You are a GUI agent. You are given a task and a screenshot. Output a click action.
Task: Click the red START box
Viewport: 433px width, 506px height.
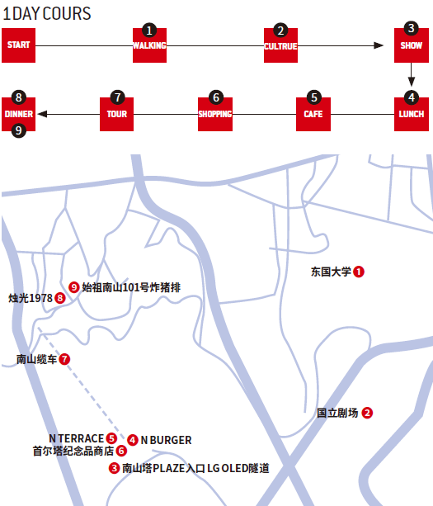tap(18, 45)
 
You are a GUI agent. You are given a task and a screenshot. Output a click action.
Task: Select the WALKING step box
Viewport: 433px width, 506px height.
tap(149, 45)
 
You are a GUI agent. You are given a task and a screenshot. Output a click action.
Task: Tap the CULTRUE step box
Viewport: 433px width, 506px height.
tap(280, 45)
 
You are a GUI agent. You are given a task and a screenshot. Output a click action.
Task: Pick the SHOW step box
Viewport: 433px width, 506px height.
tap(412, 45)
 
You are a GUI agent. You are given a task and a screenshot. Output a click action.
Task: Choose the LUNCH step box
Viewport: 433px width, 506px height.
tap(412, 114)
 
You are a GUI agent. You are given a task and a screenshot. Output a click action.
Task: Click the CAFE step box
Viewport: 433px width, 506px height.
tap(313, 114)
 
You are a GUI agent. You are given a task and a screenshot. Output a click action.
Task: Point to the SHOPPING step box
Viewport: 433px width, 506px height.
tap(215, 114)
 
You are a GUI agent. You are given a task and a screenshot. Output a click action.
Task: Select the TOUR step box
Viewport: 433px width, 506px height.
tap(117, 114)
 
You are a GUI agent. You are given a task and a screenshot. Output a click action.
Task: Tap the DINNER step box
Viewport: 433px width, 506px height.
tap(18, 114)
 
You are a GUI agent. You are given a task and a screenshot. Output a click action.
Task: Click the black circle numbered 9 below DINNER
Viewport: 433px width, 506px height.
tap(19, 130)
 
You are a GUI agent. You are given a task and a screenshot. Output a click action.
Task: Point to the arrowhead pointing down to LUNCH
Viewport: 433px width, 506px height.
tap(412, 82)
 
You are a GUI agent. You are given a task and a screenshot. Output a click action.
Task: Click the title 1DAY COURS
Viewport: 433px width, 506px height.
tap(47, 13)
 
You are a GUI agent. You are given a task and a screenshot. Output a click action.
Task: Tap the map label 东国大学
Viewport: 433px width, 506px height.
tap(331, 272)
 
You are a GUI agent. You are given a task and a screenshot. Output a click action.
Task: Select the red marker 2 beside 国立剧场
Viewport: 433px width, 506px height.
tap(367, 413)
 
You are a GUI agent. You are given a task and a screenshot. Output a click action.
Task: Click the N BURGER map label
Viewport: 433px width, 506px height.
tap(166, 440)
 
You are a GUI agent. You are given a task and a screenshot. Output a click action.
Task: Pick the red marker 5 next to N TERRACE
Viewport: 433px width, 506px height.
tap(111, 438)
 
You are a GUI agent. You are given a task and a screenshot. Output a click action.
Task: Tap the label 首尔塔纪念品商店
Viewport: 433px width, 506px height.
tap(73, 451)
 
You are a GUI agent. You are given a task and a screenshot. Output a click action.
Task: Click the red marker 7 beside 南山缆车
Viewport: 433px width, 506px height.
tap(64, 359)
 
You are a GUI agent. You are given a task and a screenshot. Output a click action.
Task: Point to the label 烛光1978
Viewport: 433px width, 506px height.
tap(31, 298)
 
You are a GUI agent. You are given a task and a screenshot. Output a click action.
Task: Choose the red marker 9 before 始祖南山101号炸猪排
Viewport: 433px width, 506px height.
tap(74, 287)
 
